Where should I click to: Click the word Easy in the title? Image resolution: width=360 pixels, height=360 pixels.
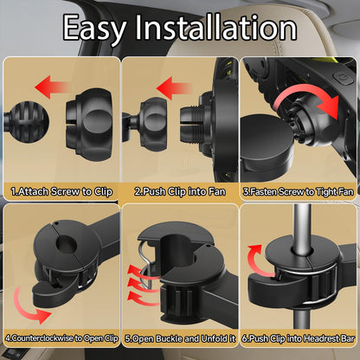pyautogui.click(x=94, y=29)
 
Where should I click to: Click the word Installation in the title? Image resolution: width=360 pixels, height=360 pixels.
pyautogui.click(x=216, y=27)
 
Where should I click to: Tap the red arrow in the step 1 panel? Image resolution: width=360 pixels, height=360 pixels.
pyautogui.click(x=53, y=87)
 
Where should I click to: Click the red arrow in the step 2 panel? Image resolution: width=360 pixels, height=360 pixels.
pyautogui.click(x=174, y=88)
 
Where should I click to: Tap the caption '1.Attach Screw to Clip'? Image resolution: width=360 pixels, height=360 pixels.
pyautogui.click(x=61, y=191)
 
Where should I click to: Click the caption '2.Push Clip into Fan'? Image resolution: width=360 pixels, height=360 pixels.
pyautogui.click(x=180, y=191)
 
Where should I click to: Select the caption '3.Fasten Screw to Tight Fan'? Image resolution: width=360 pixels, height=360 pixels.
pyautogui.click(x=299, y=192)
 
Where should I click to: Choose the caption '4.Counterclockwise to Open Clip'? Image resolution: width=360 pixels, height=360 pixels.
pyautogui.click(x=61, y=338)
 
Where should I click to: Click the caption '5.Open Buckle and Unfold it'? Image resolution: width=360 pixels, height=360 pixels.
pyautogui.click(x=180, y=338)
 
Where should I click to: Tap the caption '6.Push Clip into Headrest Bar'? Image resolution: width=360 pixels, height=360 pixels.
pyautogui.click(x=298, y=338)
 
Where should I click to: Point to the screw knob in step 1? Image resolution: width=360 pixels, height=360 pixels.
pyautogui.click(x=89, y=125)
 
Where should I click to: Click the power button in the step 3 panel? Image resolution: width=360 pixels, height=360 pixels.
pyautogui.click(x=344, y=78)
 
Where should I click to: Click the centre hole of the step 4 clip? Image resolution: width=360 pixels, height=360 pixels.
pyautogui.click(x=67, y=244)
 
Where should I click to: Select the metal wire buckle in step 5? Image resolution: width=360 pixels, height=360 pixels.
pyautogui.click(x=146, y=264)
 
